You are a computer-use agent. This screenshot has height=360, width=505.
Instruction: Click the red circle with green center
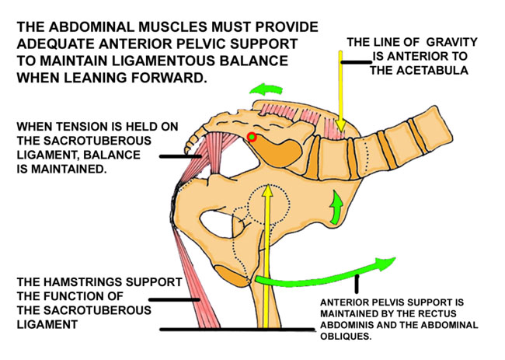[x=251, y=138]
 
